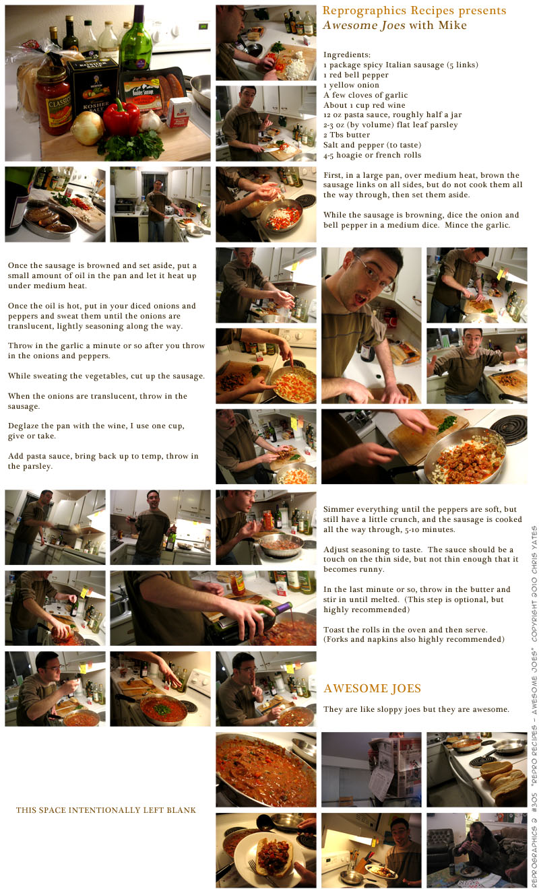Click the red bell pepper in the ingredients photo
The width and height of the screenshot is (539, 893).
(x=121, y=118)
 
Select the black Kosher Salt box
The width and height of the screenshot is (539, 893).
(x=92, y=91)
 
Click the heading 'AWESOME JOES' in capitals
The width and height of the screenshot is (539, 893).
(x=372, y=688)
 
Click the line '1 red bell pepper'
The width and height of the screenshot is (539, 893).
(x=356, y=75)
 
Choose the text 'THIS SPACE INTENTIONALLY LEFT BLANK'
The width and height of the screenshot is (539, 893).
(x=106, y=810)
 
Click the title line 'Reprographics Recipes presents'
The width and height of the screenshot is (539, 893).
(x=414, y=11)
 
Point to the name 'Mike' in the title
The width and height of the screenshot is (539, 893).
(x=453, y=25)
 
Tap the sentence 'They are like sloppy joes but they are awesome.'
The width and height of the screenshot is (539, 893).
(x=416, y=709)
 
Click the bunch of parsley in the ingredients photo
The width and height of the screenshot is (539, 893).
(x=131, y=145)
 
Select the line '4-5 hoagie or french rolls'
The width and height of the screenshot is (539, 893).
(x=372, y=155)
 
